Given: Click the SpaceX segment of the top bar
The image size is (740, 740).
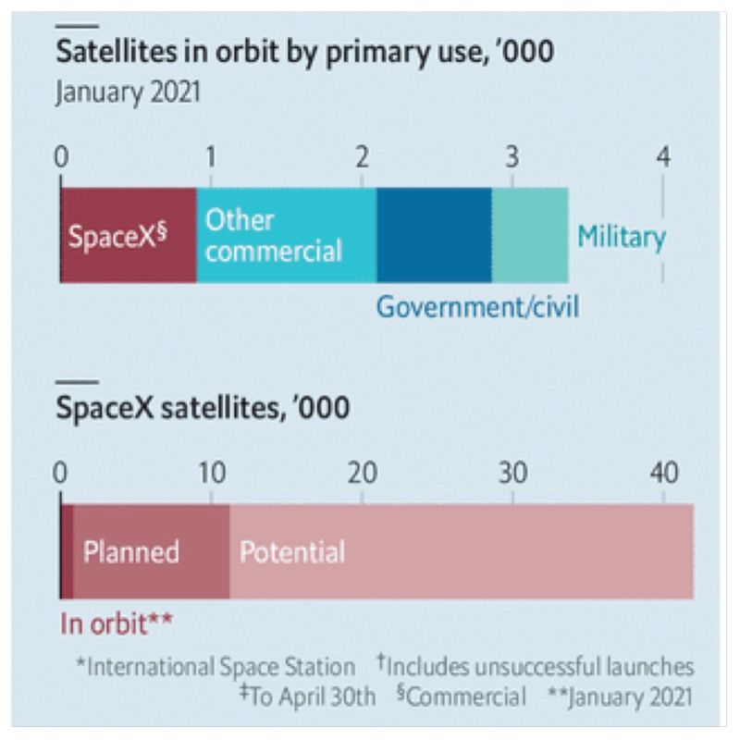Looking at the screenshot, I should pos(128,235).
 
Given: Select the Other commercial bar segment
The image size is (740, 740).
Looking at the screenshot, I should pos(286,235).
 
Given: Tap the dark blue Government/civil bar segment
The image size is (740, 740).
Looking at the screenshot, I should pos(434,235).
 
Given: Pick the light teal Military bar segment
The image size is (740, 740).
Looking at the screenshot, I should pos(530,235).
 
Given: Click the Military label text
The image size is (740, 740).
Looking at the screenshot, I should pos(621,237).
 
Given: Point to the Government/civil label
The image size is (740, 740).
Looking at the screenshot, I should pos(477,306).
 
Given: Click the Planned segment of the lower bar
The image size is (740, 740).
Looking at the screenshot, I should pos(151,552).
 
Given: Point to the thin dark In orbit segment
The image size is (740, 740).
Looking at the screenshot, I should pos(66,552).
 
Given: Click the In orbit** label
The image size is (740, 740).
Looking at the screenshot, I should pos(117,622).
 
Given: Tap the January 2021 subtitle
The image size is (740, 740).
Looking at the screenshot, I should pos(128,94).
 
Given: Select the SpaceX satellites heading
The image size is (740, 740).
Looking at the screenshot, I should pos(203,407).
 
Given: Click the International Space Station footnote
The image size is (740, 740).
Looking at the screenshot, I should pos(219,667).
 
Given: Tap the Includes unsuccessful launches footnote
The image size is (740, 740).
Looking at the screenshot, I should pos(536,667).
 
